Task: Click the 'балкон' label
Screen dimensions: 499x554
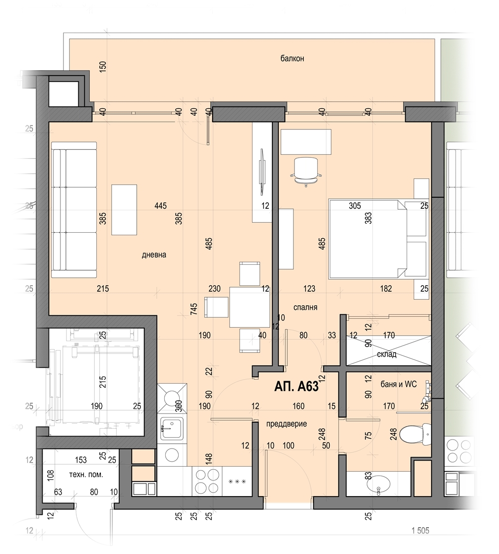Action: coord(292,58)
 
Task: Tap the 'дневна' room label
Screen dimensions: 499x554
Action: coord(154,255)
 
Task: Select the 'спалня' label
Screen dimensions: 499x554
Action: coord(305,307)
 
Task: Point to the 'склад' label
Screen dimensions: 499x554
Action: coord(386,354)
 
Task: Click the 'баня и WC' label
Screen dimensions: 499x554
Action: coord(399,384)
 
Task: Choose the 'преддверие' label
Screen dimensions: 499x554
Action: coord(286,424)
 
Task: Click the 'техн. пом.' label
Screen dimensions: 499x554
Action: coord(86,475)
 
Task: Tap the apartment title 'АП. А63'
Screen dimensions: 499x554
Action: coord(296,387)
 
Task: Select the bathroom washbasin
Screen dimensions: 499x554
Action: coord(379,485)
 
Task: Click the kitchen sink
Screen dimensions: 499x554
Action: coord(172,428)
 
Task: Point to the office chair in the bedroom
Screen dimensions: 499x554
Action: coord(306,171)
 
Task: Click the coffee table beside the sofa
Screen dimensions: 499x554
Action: coord(124,210)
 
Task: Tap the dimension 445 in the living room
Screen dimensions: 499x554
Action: coord(160,206)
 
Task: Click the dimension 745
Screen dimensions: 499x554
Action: coord(194,310)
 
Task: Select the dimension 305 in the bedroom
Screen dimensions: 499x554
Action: coord(355,206)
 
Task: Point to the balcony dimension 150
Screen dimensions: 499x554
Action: coord(103,67)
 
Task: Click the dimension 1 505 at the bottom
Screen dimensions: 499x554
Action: coord(420,531)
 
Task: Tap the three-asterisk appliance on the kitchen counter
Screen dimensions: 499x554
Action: coord(237,481)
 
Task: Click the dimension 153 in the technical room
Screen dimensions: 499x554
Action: coord(81,460)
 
